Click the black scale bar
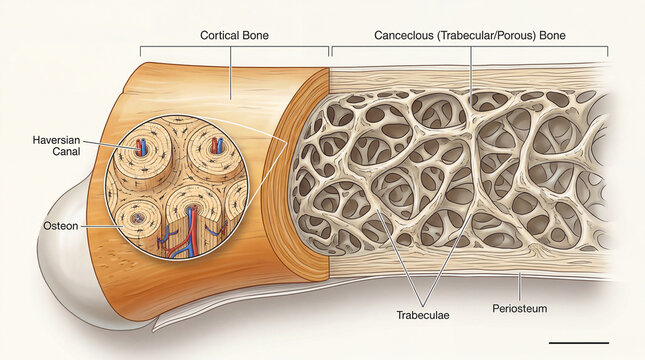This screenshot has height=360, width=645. [x=578, y=342]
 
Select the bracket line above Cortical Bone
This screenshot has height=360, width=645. [x=234, y=48]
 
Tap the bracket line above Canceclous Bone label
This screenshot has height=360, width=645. [x=470, y=48]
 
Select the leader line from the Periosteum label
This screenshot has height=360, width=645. [x=519, y=286]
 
